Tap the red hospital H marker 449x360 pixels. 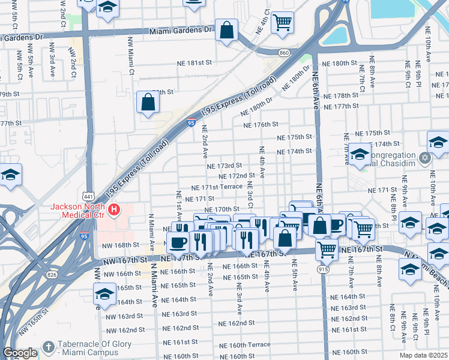pos(113,211)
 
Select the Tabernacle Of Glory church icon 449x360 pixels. pos(49,347)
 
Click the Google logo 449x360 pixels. pos(19,353)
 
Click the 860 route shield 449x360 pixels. pos(284,53)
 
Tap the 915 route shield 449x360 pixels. pos(324,269)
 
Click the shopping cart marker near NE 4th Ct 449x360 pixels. pos(282,22)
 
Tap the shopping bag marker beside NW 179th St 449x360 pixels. pos(148,102)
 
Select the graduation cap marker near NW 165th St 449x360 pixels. pos(104,294)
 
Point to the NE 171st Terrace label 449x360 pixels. pos(217,187)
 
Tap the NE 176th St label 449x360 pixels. pos(261,125)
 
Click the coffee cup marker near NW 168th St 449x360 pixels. pos(178,242)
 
